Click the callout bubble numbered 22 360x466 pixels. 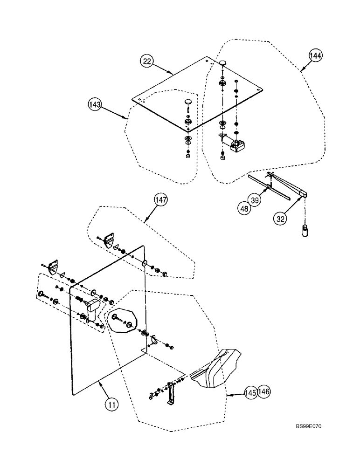coord(147,62)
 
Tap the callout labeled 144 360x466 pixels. coord(315,56)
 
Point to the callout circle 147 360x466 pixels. coord(161,200)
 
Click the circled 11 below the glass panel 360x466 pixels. coord(111,404)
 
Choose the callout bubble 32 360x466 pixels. coord(280,216)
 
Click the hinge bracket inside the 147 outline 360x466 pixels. coord(109,241)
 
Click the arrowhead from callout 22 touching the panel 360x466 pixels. coord(173,74)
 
